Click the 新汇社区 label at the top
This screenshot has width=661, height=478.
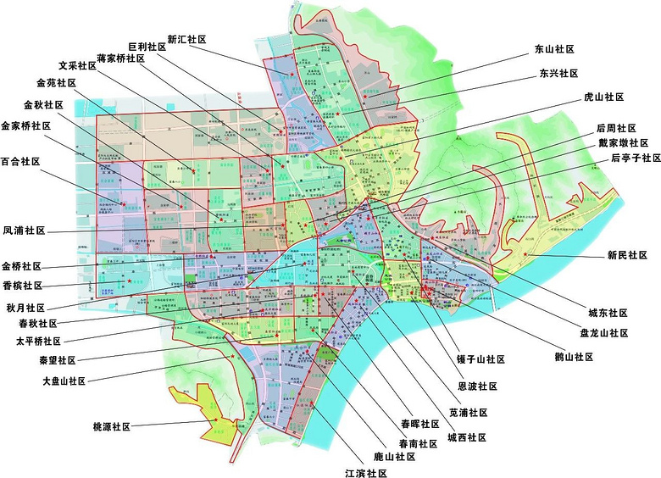(187, 39)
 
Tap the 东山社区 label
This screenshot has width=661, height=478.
(555, 50)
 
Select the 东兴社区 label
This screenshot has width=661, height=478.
(558, 74)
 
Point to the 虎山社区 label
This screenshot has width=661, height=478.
(604, 97)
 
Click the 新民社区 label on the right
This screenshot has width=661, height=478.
(628, 254)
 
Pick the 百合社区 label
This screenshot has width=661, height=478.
(20, 161)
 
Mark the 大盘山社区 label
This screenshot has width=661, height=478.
(64, 381)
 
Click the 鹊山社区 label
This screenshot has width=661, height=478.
(572, 358)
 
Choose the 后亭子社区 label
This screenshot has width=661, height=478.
(636, 158)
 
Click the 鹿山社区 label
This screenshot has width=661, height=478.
(395, 456)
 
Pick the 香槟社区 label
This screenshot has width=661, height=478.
(22, 286)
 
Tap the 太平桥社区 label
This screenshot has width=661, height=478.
(39, 342)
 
